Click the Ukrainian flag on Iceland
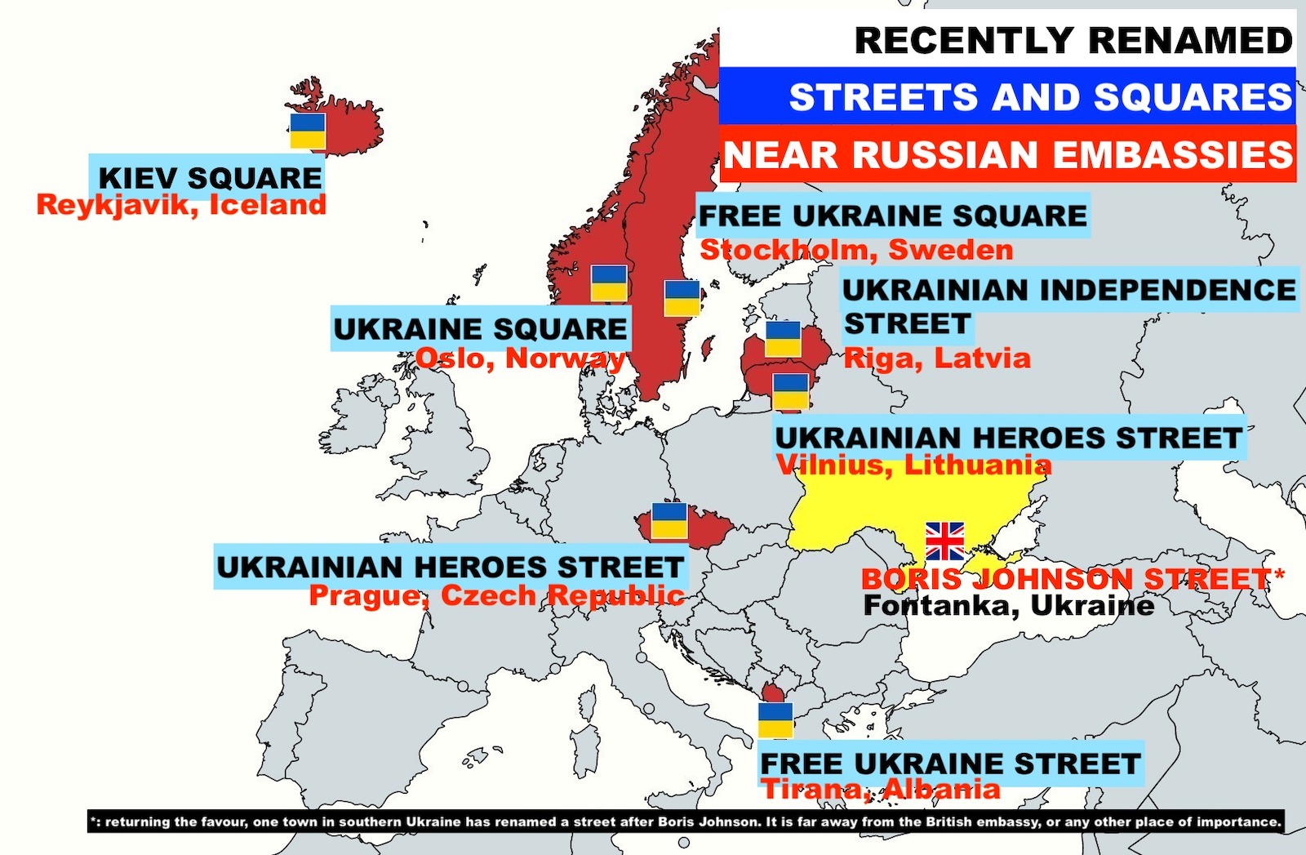coord(308,131)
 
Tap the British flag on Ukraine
coord(944,541)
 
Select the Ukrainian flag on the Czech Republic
coord(669,520)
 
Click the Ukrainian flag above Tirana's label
coord(775,719)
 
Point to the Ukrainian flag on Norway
coord(609,283)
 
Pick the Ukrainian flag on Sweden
coord(682,298)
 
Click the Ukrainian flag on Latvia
coord(783,338)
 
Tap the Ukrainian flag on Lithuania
coord(790,391)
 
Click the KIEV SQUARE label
coord(210,177)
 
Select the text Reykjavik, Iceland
coord(181,204)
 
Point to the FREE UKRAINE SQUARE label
coord(893,216)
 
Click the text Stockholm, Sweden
coord(856,250)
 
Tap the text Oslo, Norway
coord(520,358)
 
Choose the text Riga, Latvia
coord(937,358)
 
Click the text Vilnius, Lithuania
coord(913,465)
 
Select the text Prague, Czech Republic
coord(496,595)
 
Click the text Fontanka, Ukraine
coord(1009,605)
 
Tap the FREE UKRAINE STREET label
coord(950,764)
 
